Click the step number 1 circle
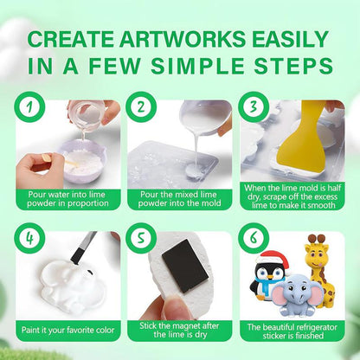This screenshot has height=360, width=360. pyautogui.click(x=30, y=107)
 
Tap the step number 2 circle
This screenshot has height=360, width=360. pyautogui.click(x=141, y=107)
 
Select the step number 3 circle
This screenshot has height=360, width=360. pyautogui.click(x=254, y=107)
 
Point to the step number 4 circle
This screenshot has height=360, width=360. pyautogui.click(x=30, y=239)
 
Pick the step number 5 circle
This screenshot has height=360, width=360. pyautogui.click(x=141, y=239)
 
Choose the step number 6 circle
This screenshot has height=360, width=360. pyautogui.click(x=254, y=239)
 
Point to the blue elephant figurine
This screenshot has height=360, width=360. pyautogui.click(x=296, y=294)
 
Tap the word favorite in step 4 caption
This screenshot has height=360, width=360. pyautogui.click(x=80, y=330)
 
